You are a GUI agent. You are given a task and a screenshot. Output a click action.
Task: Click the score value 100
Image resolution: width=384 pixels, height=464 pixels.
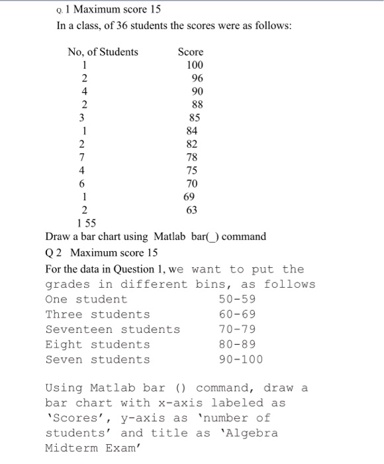pyautogui.click(x=195, y=65)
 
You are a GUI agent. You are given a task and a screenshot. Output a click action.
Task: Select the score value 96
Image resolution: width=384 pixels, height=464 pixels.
pyautogui.click(x=197, y=78)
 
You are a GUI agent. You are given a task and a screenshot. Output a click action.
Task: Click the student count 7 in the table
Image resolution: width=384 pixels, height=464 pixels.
pyautogui.click(x=81, y=156)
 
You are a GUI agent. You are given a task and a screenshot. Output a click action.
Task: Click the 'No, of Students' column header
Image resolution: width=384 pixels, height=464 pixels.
pyautogui.click(x=103, y=52)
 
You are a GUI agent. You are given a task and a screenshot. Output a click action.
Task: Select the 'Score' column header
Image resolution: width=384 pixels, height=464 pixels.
pyautogui.click(x=191, y=52)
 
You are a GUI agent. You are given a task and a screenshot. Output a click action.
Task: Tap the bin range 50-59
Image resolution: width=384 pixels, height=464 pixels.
pyautogui.click(x=236, y=300)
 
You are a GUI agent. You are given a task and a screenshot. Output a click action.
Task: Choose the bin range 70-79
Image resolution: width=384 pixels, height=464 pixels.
pyautogui.click(x=236, y=329)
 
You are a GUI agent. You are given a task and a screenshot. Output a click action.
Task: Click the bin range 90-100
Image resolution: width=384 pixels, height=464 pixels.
pyautogui.click(x=240, y=360)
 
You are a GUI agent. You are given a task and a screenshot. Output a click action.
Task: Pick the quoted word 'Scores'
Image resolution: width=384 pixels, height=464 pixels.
pyautogui.click(x=71, y=418)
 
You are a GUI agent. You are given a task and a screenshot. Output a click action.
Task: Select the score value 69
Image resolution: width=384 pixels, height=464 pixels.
pyautogui.click(x=190, y=197)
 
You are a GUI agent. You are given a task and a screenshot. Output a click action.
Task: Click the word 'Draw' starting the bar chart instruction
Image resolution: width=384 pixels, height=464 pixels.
pyautogui.click(x=58, y=237)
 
